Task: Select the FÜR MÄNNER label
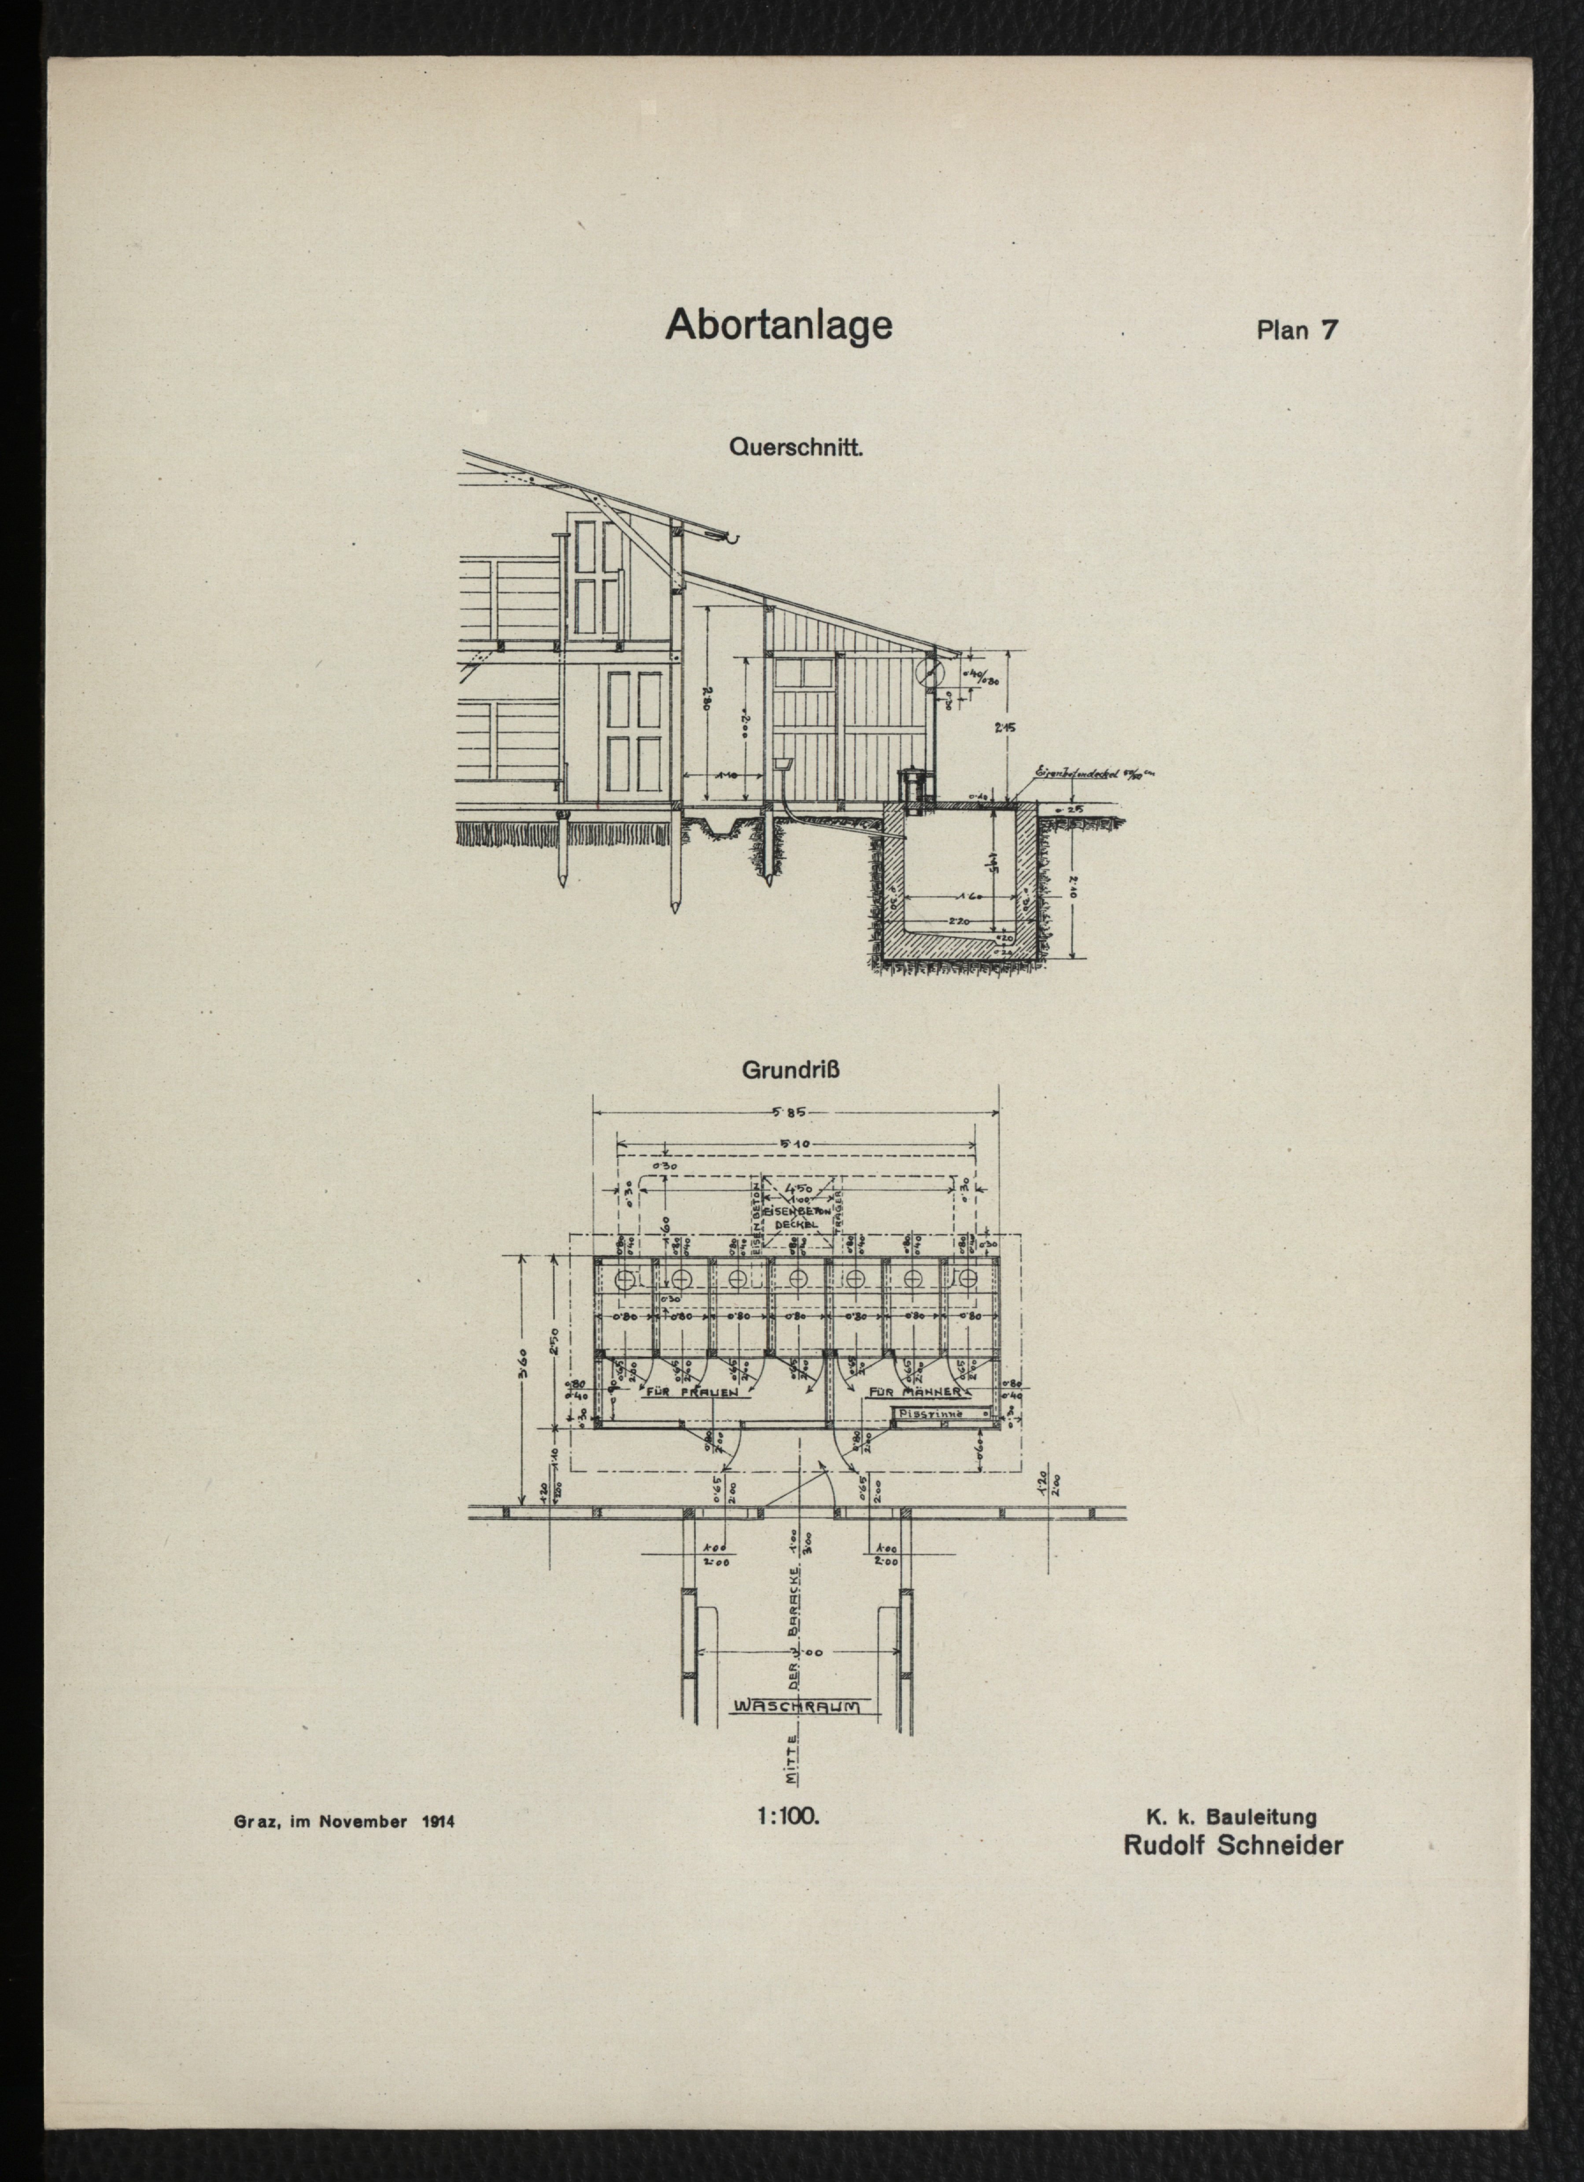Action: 915,1392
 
